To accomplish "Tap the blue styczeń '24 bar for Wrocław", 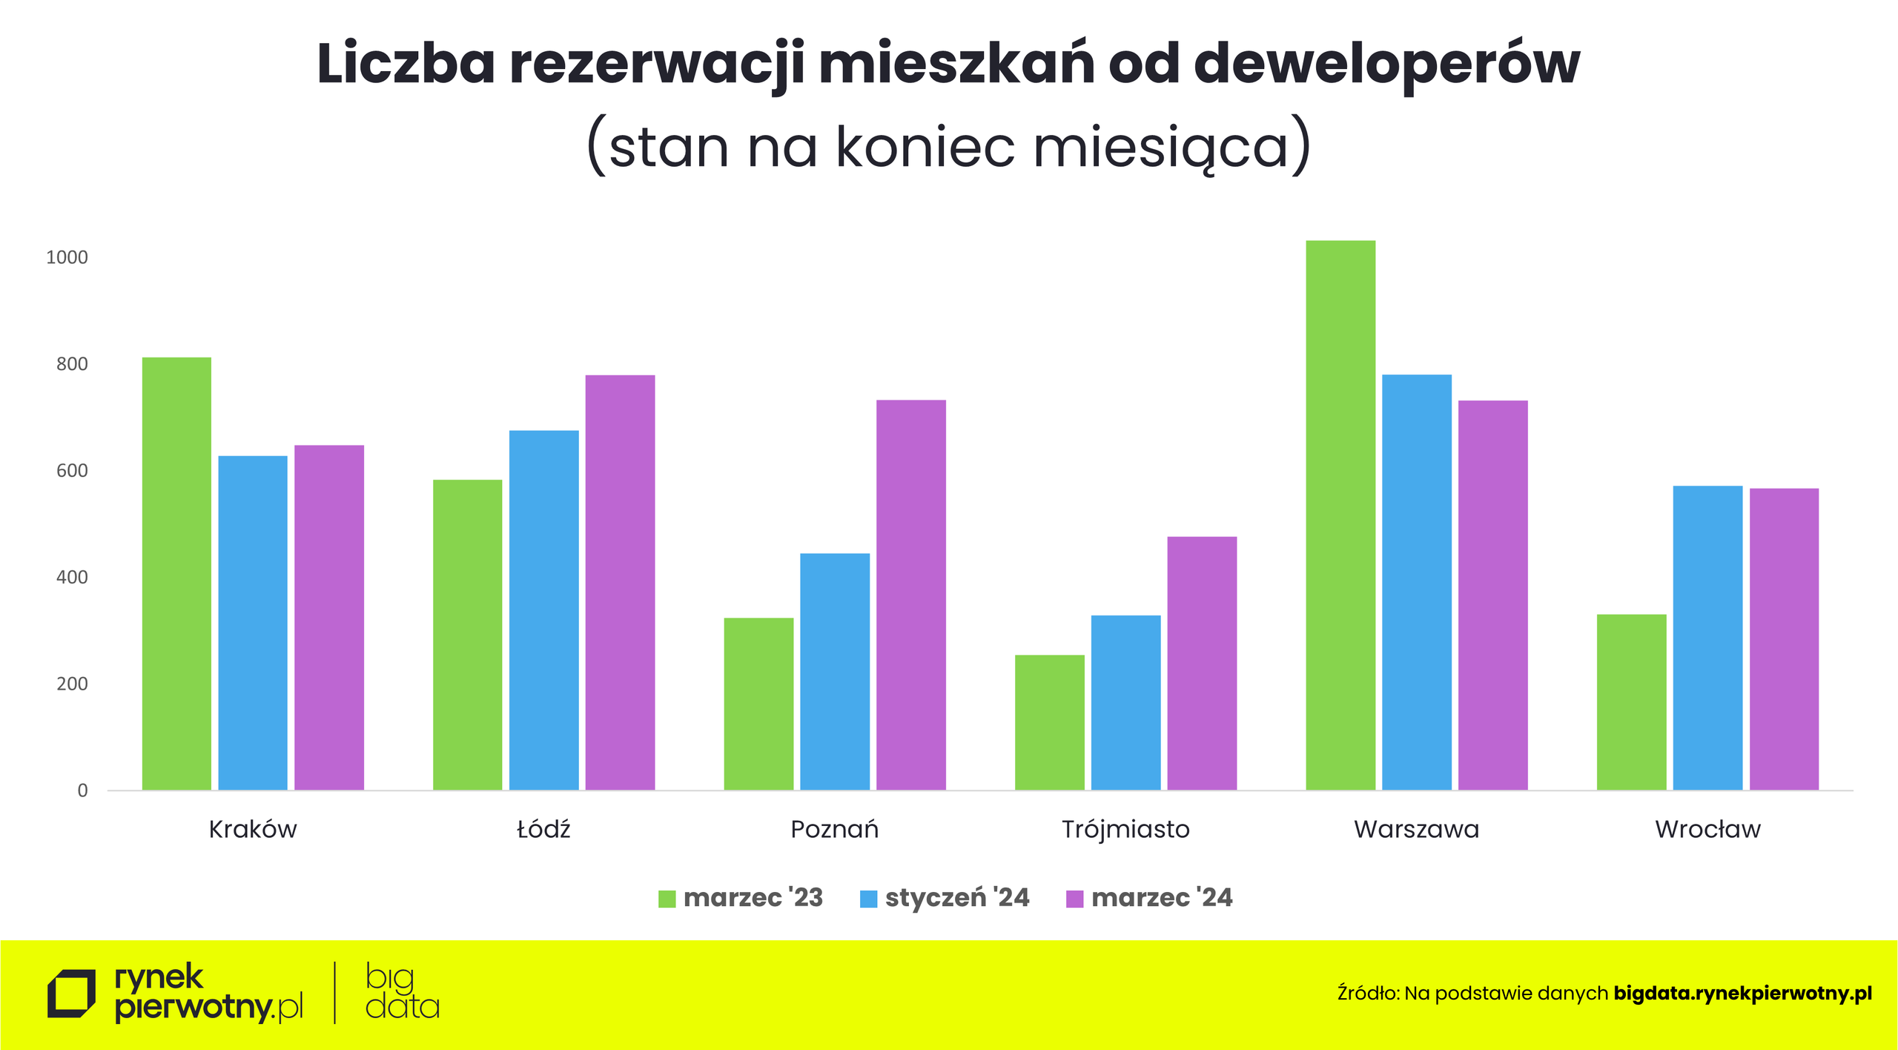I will [x=1707, y=638].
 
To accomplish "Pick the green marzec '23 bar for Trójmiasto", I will [x=1050, y=722].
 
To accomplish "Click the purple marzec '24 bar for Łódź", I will [x=620, y=582].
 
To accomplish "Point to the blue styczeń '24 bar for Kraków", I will [x=253, y=623].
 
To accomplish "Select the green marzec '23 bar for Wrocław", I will [x=1631, y=701].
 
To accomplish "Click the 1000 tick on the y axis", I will [x=67, y=257].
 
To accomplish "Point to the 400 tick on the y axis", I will [x=72, y=577].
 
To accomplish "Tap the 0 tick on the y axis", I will [x=82, y=790].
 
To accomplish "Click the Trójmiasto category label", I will [x=1125, y=829].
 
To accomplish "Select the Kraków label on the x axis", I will [x=253, y=829].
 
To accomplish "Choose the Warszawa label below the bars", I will [x=1416, y=829].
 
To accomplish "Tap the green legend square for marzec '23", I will [x=667, y=899].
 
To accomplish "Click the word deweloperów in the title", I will [x=1386, y=65].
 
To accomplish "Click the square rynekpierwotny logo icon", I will [x=71, y=994].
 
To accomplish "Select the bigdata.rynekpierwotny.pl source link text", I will [x=1742, y=994].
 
